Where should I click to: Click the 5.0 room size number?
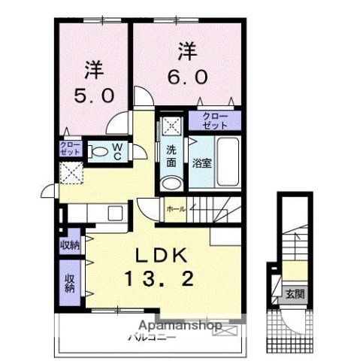pyautogui.click(x=94, y=96)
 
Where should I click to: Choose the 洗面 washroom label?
pyautogui.click(x=171, y=153)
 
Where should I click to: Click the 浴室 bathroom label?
pyautogui.click(x=201, y=162)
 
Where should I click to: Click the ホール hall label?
pyautogui.click(x=176, y=208)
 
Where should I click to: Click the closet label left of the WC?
pyautogui.click(x=68, y=148)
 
